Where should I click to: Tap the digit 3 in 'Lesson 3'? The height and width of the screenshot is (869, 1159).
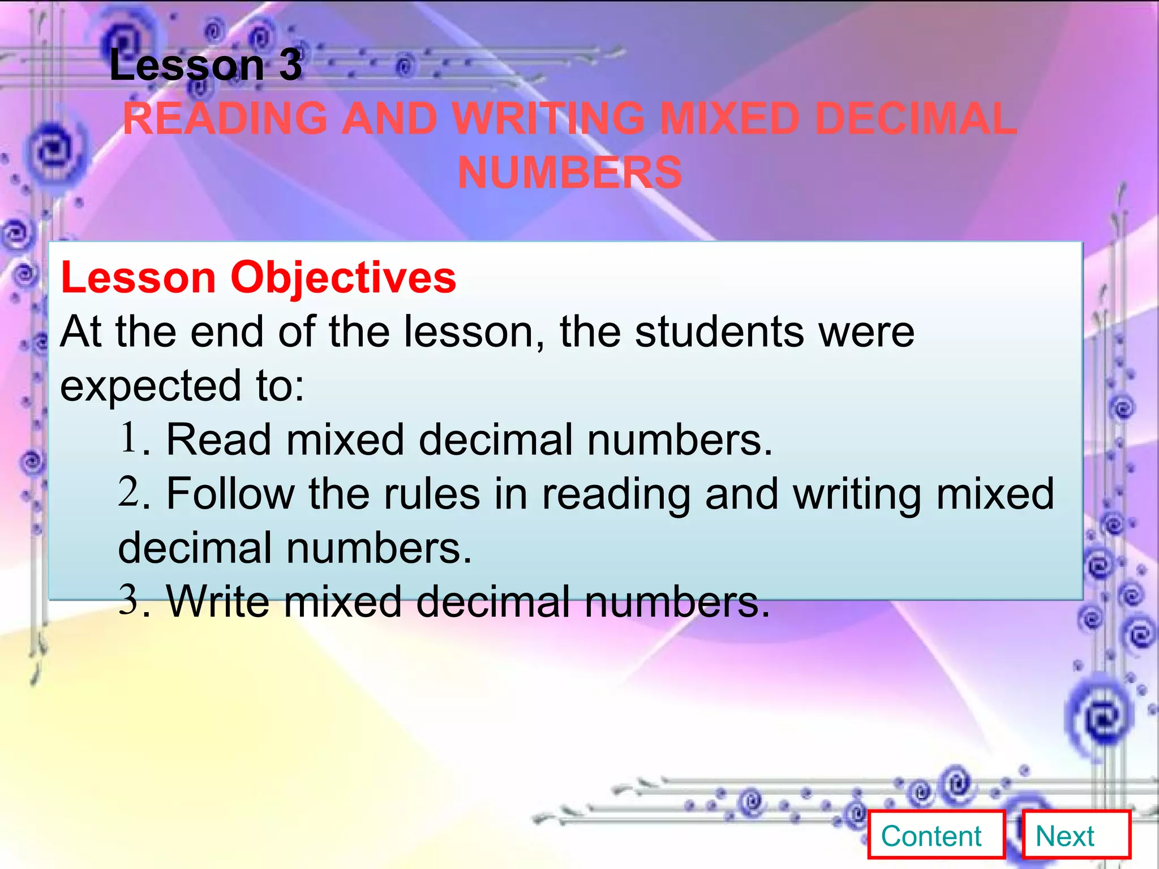290,65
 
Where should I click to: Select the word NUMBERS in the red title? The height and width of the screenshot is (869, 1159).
570,173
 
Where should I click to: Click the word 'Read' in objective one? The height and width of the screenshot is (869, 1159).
218,440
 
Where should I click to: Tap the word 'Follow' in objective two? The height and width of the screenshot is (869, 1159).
230,494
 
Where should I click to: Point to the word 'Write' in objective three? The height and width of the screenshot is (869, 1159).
217,601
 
